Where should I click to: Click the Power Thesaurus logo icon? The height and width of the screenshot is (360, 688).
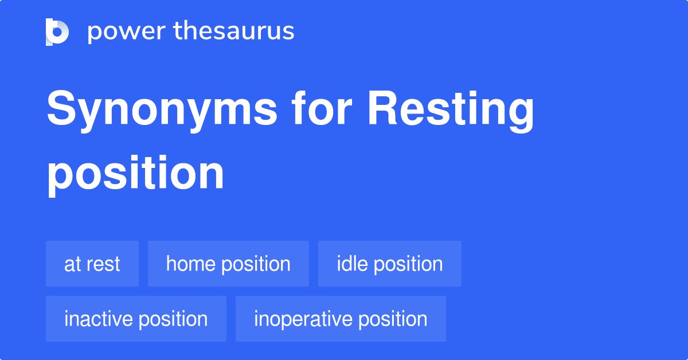(x=57, y=32)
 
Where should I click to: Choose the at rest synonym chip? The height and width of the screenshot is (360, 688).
(x=92, y=264)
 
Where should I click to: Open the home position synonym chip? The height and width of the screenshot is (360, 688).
(x=228, y=264)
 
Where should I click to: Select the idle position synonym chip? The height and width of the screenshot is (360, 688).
(x=389, y=264)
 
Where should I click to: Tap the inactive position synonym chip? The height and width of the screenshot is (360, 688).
(x=136, y=319)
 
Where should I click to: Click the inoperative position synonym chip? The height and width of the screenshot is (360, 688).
(x=341, y=319)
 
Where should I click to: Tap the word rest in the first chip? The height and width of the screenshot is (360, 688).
(x=103, y=264)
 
